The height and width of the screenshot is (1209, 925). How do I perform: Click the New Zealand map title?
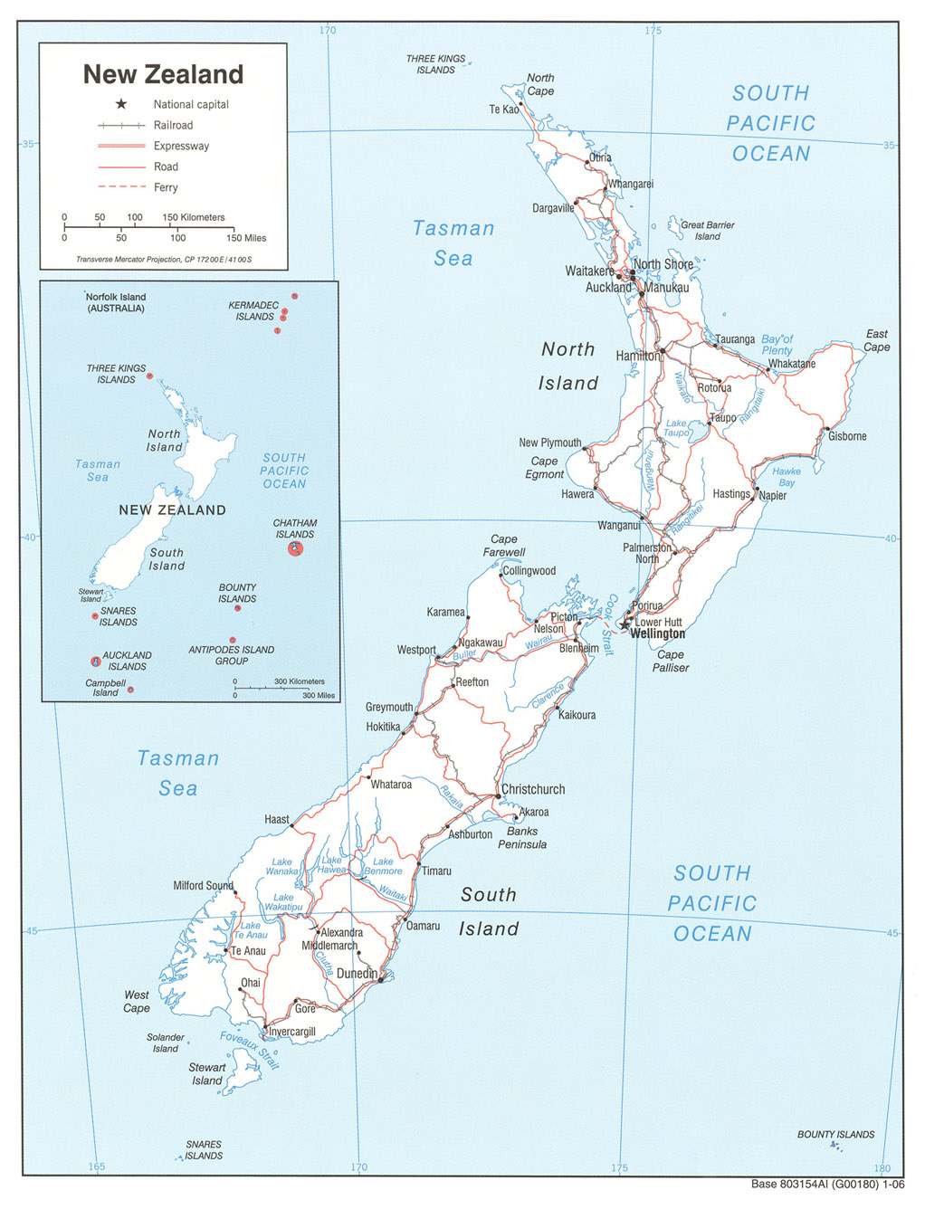point(163,74)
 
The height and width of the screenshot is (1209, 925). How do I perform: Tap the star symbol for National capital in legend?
point(121,104)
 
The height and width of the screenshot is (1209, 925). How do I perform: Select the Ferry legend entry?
point(166,187)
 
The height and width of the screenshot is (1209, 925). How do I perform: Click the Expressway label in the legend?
point(181,146)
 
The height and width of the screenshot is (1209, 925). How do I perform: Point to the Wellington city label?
point(658,633)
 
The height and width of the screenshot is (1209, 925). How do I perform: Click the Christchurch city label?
point(533,789)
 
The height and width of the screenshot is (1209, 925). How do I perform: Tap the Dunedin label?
point(357,974)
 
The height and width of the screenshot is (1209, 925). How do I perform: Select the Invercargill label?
point(292,1032)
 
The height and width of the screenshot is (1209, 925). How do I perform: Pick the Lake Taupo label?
point(676,428)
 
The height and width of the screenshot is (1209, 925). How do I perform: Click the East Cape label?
point(876,340)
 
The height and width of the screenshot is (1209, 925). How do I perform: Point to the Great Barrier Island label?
point(708,231)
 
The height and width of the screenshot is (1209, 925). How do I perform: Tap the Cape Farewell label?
point(504,546)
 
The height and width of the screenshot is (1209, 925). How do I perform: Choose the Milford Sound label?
point(203,885)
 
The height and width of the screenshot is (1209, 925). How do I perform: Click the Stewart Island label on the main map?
point(206,1073)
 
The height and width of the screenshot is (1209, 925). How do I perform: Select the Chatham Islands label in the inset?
point(295,528)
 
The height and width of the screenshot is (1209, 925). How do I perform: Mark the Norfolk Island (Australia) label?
point(116,302)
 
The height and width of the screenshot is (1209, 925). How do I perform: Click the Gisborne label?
point(847,436)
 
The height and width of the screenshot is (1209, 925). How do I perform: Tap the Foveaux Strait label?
point(250,1050)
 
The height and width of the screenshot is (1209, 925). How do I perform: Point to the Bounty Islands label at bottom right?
point(835,1134)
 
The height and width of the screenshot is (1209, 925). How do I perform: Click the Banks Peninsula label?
point(522,838)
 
